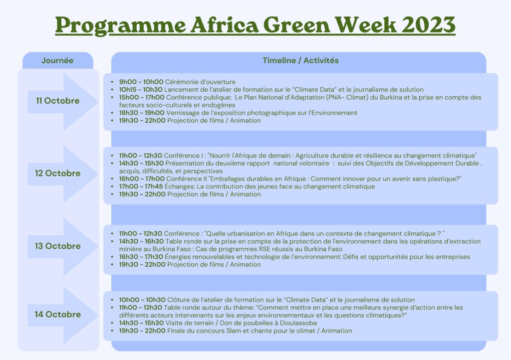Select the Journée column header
tap(57, 60)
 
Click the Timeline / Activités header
tap(300, 60)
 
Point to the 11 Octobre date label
tap(58, 101)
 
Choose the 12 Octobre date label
tap(58, 173)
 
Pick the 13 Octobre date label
tap(58, 246)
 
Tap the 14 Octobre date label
tap(58, 315)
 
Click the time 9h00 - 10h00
tap(141, 82)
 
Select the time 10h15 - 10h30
tap(140, 90)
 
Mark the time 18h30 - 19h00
tap(142, 113)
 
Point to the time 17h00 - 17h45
tap(141, 186)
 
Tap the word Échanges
tap(180, 186)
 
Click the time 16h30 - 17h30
tap(141, 257)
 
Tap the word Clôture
tap(178, 300)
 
